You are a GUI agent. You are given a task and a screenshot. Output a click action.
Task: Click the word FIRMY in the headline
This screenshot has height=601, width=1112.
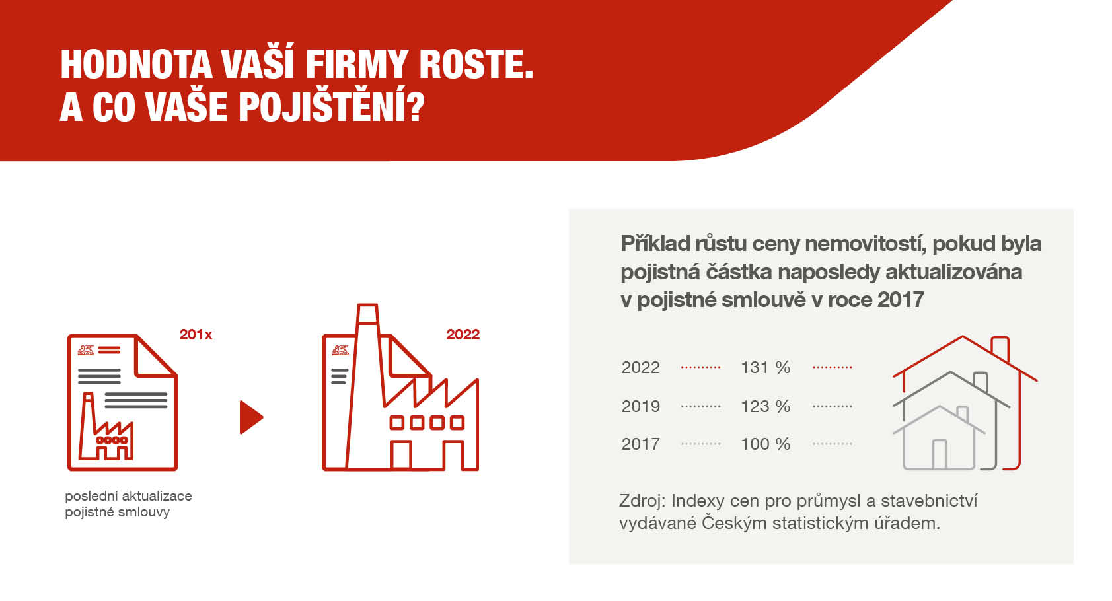356,65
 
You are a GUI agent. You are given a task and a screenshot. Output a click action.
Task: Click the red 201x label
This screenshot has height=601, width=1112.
196,334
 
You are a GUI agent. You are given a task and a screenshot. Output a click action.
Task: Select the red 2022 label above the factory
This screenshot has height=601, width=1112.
463,334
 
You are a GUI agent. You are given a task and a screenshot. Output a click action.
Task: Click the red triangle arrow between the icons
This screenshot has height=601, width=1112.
250,417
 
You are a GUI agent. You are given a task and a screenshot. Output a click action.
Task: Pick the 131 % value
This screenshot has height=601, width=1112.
766,368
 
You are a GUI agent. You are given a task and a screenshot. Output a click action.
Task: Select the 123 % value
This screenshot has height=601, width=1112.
766,406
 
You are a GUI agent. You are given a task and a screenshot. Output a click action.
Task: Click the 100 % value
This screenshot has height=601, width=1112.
766,444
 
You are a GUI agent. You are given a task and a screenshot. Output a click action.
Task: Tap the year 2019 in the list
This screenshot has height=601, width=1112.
640,406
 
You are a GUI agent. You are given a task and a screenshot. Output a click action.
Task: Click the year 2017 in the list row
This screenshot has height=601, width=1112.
640,444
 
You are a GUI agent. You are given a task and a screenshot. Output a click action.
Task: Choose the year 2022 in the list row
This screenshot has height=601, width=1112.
640,368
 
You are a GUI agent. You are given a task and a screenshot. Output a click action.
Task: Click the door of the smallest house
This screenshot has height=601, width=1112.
940,454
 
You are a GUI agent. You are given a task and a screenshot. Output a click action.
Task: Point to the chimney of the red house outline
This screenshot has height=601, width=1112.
1000,349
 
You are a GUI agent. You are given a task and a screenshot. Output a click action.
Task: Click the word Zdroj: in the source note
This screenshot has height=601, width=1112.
642,501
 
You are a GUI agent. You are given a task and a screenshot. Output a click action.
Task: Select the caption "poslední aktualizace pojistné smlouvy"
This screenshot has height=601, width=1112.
129,504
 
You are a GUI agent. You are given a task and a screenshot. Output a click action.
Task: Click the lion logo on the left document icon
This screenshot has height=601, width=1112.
86,351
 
